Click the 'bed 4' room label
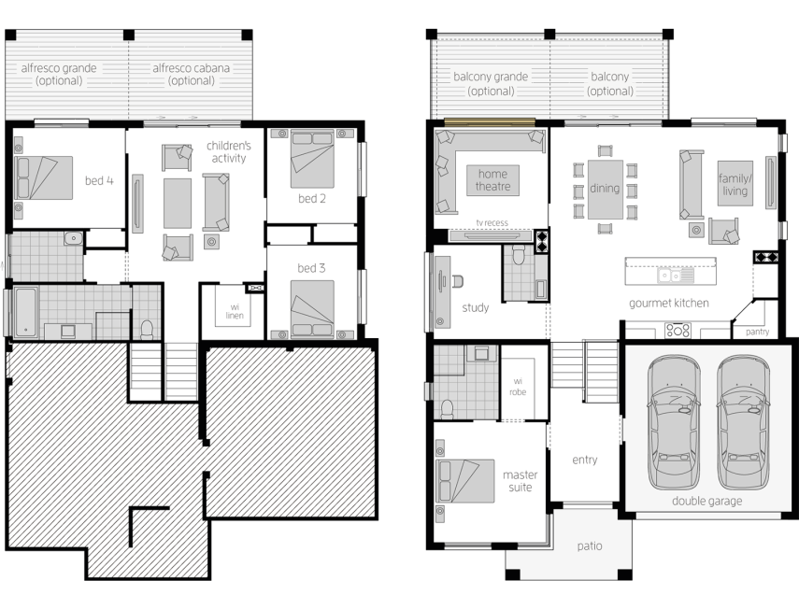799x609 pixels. click(99, 180)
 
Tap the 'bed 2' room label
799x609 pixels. click(311, 198)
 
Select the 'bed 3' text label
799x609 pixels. click(311, 268)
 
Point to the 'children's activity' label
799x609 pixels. click(229, 152)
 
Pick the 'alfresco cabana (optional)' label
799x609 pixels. click(191, 74)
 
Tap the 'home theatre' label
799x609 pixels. click(492, 180)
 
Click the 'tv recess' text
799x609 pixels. click(492, 222)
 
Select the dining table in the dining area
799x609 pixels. click(605, 189)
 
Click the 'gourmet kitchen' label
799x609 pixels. click(668, 303)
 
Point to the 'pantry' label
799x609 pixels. click(758, 332)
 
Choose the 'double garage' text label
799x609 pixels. click(706, 501)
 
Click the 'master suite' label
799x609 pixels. click(520, 480)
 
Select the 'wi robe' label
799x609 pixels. click(518, 386)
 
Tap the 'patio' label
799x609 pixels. click(590, 545)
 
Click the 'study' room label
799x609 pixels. click(475, 307)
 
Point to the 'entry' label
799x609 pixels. click(584, 460)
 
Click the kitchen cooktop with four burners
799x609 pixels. click(678, 330)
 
